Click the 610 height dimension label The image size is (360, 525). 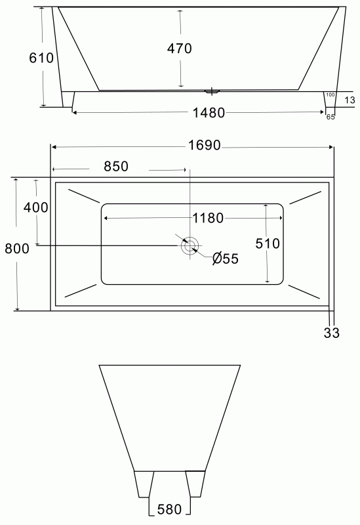[x=41, y=58]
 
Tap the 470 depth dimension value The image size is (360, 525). [x=180, y=49]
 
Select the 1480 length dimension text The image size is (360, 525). [x=209, y=113]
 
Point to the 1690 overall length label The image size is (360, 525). [x=205, y=145]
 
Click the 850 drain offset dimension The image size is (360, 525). [x=116, y=167]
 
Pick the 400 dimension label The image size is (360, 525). [x=35, y=207]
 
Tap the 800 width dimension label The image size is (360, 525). [x=17, y=249]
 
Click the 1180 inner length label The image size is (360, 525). [x=208, y=219]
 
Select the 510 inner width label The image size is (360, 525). [x=268, y=243]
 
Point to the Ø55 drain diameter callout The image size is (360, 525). [x=226, y=259]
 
